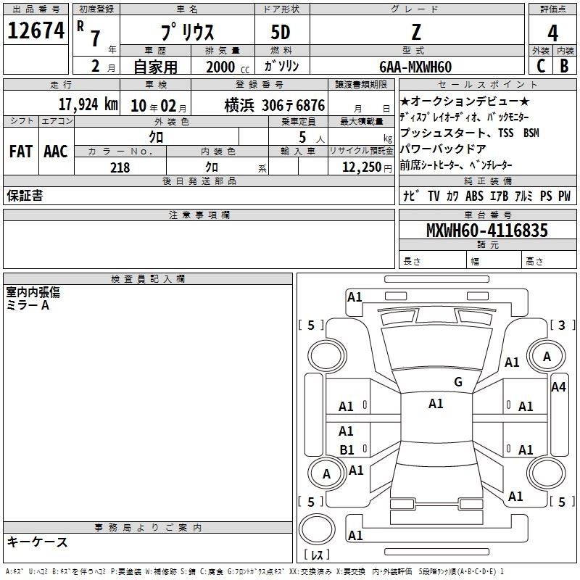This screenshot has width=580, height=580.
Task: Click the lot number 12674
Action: [x=36, y=30]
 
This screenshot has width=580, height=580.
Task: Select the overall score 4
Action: [x=552, y=33]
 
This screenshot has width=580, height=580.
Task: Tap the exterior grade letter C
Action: [x=541, y=66]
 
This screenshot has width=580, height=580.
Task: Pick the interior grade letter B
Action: [x=564, y=66]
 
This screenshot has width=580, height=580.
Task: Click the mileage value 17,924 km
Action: [x=88, y=104]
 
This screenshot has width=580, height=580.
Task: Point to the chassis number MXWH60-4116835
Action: [x=486, y=230]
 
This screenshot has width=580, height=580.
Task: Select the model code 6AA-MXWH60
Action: [x=415, y=67]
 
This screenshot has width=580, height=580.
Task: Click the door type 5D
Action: [x=281, y=33]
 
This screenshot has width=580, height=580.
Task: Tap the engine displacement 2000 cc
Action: [x=228, y=67]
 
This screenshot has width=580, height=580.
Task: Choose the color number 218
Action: [x=120, y=167]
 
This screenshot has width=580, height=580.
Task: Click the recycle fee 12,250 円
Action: [x=367, y=167]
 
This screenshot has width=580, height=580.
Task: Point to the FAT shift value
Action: [x=21, y=152]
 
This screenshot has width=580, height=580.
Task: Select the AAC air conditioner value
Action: [x=56, y=152]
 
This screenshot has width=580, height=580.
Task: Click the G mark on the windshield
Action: [x=458, y=381]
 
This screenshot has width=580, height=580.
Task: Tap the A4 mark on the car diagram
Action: [x=558, y=387]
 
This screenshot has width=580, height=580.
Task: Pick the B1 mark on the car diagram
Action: [x=347, y=449]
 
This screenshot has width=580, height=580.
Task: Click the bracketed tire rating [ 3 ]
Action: [x=563, y=325]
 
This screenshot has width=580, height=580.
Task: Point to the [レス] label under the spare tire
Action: [x=317, y=555]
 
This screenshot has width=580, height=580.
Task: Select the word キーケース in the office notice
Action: [x=38, y=542]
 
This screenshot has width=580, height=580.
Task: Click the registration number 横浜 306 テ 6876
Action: [x=275, y=105]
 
